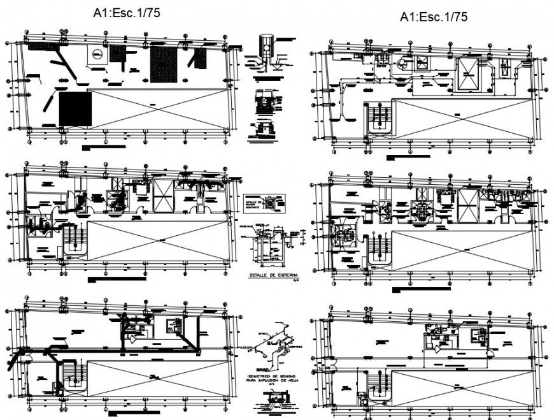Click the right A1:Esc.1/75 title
click(434, 17)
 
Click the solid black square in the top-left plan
click(75, 108)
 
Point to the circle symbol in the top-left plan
click(96, 55)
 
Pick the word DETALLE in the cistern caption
click(257, 275)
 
